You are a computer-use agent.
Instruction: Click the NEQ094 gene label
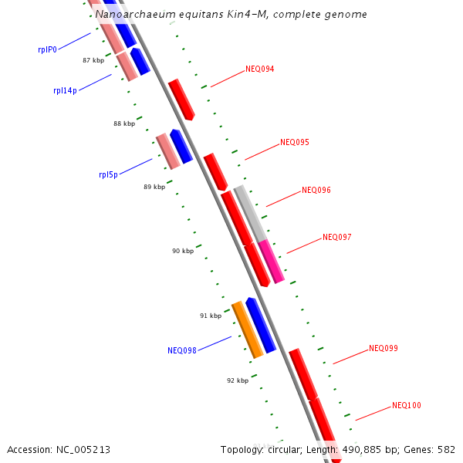260,69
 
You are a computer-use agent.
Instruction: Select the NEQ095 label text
295,142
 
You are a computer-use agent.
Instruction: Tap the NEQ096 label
316,190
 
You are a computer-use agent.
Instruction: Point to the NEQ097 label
337,237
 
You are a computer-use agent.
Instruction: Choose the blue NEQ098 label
182,350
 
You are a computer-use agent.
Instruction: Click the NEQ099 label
384,348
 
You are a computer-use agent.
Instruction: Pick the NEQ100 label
407,405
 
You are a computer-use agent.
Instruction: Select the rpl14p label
65,90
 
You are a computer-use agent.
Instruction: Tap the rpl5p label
108,174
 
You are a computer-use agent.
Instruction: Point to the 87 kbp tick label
93,59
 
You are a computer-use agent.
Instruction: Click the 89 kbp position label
154,187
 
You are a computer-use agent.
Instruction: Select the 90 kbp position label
183,251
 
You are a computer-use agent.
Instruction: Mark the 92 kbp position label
238,380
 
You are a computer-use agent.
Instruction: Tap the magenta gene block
272,261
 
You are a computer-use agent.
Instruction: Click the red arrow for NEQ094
181,99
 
